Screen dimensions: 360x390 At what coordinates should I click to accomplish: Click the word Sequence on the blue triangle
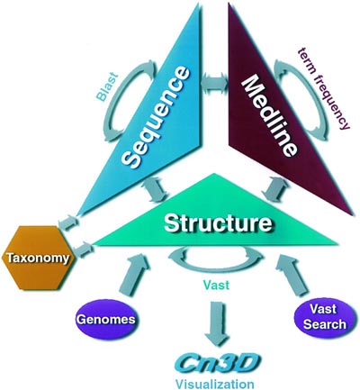click(x=157, y=117)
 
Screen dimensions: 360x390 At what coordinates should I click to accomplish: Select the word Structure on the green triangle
click(x=219, y=222)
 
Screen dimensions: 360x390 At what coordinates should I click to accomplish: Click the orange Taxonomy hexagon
click(x=38, y=258)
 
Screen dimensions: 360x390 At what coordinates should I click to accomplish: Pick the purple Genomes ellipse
click(x=106, y=319)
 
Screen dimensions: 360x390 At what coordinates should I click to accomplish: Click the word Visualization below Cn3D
click(x=215, y=384)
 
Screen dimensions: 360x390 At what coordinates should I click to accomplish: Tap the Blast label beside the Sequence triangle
click(x=107, y=86)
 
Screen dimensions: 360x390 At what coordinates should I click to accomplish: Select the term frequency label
click(x=324, y=89)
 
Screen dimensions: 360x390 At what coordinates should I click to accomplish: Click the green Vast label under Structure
click(x=216, y=284)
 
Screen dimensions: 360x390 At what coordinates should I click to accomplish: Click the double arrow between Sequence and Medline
click(x=214, y=82)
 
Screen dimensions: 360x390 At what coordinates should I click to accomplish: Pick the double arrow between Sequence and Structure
click(x=156, y=190)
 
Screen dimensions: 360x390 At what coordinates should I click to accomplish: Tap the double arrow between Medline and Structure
click(x=274, y=189)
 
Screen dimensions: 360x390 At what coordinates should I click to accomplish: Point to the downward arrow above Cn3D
click(x=216, y=324)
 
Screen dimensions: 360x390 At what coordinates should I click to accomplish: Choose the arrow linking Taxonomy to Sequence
click(x=68, y=222)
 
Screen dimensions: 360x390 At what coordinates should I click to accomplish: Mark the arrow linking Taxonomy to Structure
click(x=83, y=249)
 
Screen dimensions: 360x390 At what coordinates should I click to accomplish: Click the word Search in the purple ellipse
click(x=325, y=324)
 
